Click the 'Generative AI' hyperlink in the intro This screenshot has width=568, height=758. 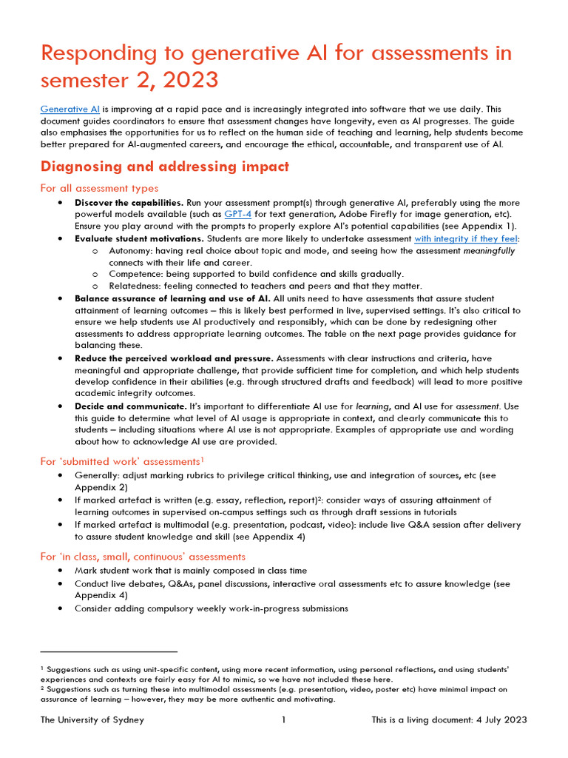pos(70,108)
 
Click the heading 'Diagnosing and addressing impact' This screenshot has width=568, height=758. pos(164,167)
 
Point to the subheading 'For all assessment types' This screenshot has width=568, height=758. pos(99,188)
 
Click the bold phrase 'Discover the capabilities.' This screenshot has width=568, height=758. pos(129,202)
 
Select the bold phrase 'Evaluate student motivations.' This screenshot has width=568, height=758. pos(139,238)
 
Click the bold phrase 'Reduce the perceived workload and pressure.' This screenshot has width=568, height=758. pos(174,358)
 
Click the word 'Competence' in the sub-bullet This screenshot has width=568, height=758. pos(136,274)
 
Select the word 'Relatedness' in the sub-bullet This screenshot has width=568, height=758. pos(136,286)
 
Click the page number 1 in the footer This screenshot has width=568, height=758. pos(284,720)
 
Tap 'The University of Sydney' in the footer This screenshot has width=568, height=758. pos(92,720)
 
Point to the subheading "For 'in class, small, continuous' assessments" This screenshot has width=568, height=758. pos(143,556)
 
